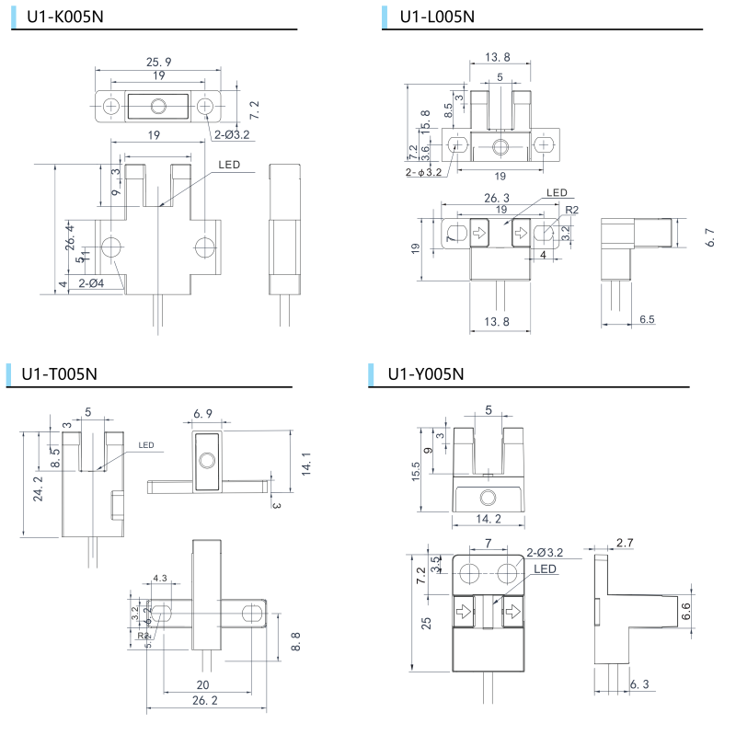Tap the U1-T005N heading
coord(60,373)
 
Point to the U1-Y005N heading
coord(426,373)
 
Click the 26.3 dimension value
coord(497,197)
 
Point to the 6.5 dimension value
coord(647,319)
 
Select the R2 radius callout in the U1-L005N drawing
coord(571,211)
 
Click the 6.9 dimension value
coord(204,416)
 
